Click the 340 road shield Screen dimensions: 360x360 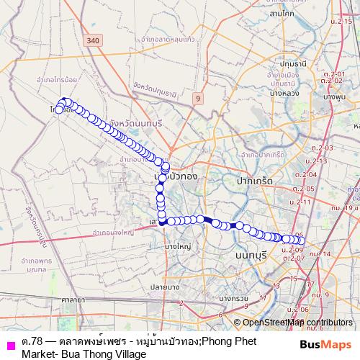coord(91,42)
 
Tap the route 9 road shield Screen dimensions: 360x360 coord(196,96)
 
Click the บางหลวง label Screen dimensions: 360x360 coord(290,89)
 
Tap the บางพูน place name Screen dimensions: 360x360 coord(336,96)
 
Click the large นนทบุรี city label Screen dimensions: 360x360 coord(246,255)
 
